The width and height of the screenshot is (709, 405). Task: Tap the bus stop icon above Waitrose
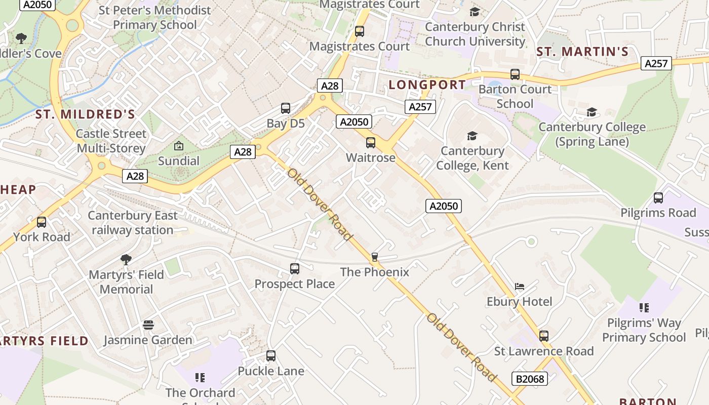[371, 143]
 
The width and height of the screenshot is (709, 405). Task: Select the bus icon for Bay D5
[286, 108]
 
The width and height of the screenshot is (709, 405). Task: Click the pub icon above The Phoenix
[375, 257]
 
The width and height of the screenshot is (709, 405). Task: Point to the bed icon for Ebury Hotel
[520, 287]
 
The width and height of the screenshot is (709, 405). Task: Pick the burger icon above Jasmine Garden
[148, 325]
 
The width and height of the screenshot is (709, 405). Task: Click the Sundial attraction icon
[178, 146]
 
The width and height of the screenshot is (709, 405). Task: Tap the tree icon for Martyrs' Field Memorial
[126, 260]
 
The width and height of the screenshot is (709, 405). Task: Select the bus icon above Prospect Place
[295, 269]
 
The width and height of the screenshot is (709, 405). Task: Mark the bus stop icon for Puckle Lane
[271, 356]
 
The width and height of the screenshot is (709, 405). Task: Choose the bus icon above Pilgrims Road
[658, 198]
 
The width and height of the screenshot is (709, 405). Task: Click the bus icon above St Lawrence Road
[544, 336]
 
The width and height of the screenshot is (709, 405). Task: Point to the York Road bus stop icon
[42, 222]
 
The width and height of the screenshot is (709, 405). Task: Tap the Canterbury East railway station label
[133, 223]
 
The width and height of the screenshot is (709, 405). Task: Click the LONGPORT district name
[427, 85]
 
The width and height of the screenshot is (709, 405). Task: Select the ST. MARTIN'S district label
[582, 52]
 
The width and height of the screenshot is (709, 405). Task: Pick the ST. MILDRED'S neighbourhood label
[85, 114]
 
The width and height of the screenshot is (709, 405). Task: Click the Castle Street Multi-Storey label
[111, 141]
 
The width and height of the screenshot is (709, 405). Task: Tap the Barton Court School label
[515, 97]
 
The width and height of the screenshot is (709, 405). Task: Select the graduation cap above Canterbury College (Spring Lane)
[592, 112]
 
